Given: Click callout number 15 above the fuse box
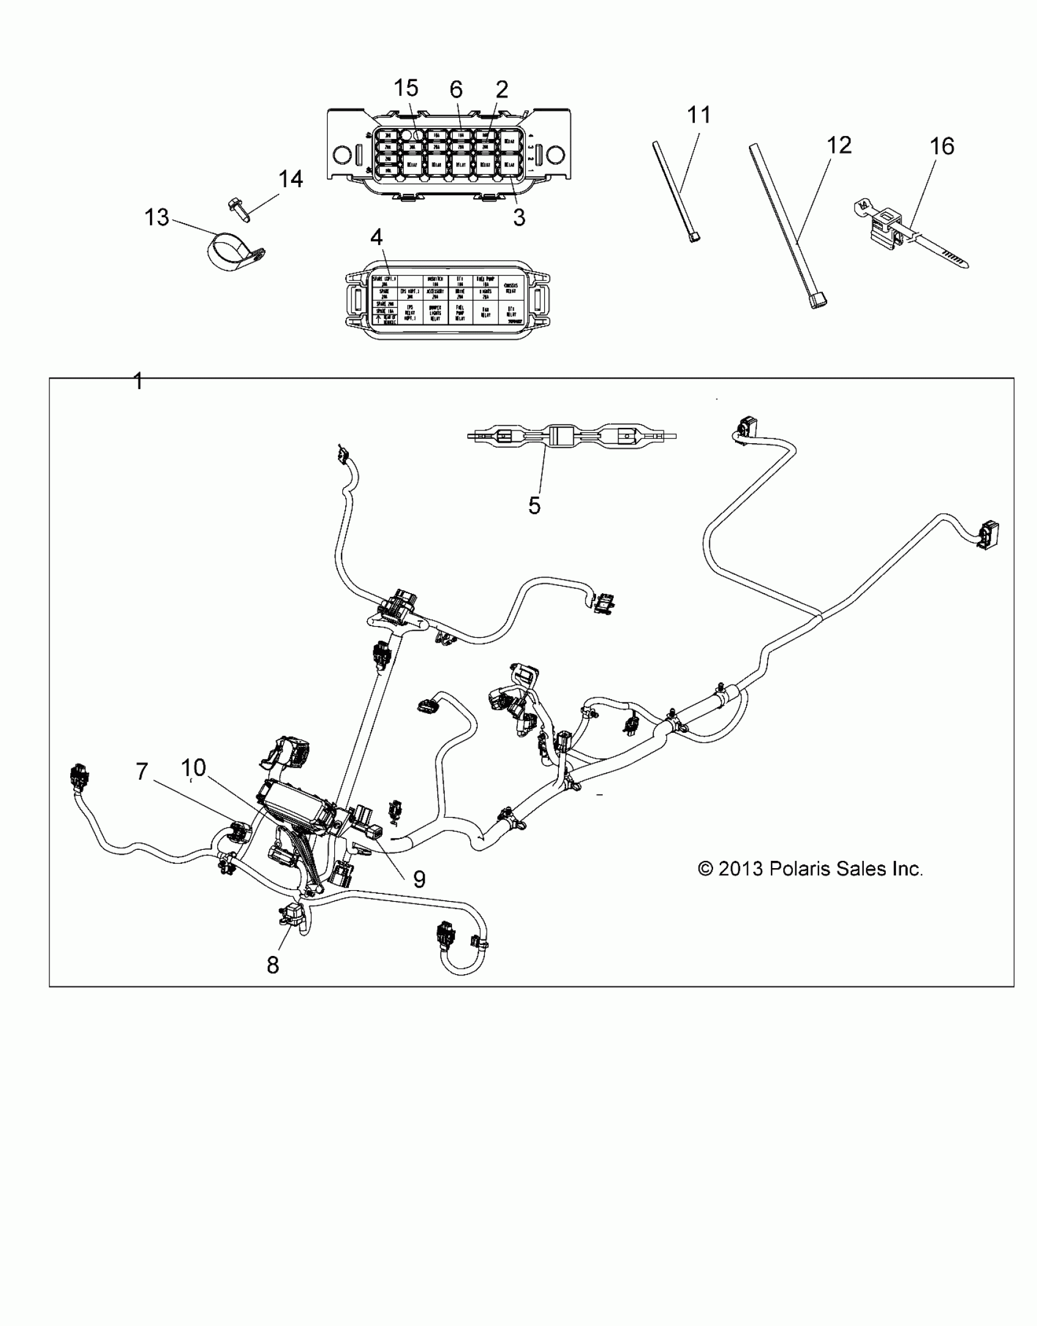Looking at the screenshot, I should point(406,88).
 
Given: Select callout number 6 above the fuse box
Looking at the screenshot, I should point(456,90).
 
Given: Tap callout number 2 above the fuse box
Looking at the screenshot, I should point(501,90).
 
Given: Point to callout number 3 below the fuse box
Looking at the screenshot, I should point(519,217).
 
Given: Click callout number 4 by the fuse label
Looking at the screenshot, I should point(376,237).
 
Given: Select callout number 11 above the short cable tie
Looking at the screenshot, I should point(699,115).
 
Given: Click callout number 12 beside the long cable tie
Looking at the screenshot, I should point(839,146).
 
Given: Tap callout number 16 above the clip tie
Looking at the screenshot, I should point(942,146).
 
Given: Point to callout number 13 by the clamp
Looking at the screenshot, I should point(156,217).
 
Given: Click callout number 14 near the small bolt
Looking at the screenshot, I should point(290,179).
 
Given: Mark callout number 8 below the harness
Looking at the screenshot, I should point(273,965).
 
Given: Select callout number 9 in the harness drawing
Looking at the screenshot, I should point(419,879).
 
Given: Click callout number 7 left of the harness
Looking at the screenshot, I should point(142,772).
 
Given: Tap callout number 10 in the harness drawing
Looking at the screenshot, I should point(193,768).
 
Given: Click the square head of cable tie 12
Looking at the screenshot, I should point(817,301).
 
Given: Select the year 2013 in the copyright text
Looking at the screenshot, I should point(741,869).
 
